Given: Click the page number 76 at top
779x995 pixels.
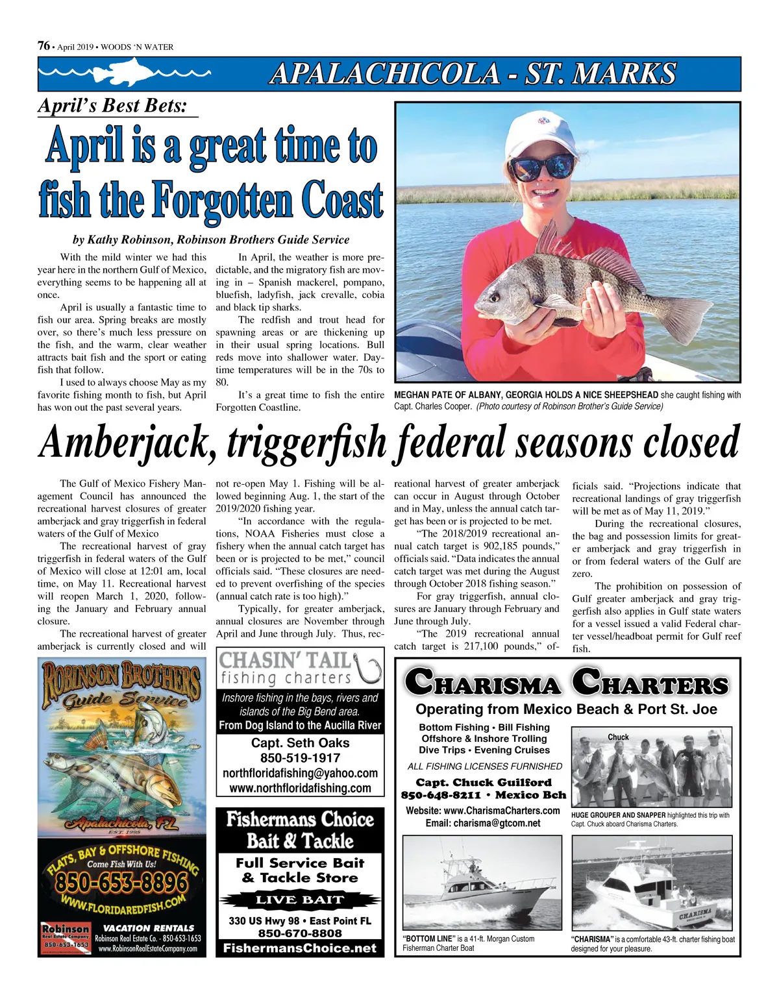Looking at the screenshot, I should click(x=44, y=45).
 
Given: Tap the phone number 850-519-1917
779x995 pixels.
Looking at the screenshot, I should click(x=300, y=757).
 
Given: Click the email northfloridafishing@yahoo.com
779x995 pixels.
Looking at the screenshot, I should click(x=300, y=773).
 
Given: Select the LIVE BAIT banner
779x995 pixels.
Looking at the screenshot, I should click(x=299, y=900).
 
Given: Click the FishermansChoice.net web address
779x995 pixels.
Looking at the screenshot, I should click(x=300, y=948).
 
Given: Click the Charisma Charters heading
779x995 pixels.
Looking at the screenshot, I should click(x=567, y=684).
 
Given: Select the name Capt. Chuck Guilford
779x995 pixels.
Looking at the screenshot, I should click(x=484, y=783).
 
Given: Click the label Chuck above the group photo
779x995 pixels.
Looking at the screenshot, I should click(x=618, y=737).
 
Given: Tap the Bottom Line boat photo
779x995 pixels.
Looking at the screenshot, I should click(x=482, y=883).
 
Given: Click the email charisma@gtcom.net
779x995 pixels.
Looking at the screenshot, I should click(x=483, y=823).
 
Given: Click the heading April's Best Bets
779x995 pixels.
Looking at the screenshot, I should click(x=112, y=106).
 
